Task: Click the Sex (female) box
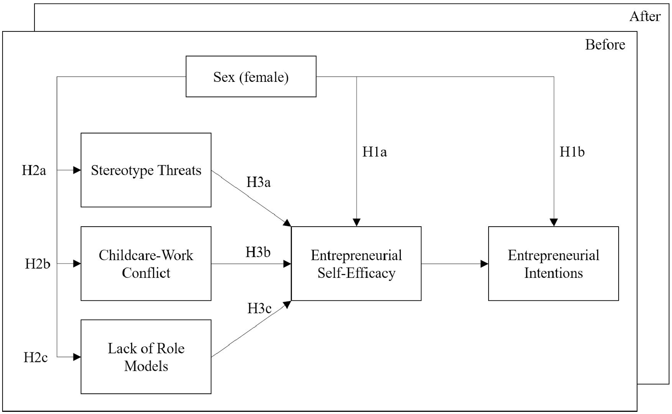tap(251, 77)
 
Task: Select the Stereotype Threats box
tap(146, 170)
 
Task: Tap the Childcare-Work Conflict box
tap(146, 264)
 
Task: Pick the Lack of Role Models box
tap(146, 357)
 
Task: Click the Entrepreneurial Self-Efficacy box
tap(356, 264)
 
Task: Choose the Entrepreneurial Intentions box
tap(554, 264)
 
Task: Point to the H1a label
tap(375, 152)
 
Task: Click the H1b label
tap(572, 152)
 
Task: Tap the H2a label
tap(34, 170)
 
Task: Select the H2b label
tap(37, 264)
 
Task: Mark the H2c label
tap(36, 357)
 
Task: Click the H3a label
tap(259, 182)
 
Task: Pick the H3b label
tap(258, 252)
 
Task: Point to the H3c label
tap(260, 308)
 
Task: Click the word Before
tap(605, 45)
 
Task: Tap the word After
tap(645, 16)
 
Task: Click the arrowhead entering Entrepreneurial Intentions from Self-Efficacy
tap(484, 264)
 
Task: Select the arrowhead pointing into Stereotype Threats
tap(77, 170)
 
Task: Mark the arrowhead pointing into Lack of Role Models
tap(77, 357)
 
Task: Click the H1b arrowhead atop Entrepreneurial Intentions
tap(554, 222)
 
